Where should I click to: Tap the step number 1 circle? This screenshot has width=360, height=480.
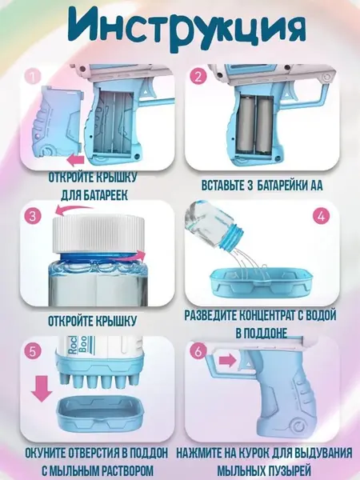click(33, 76)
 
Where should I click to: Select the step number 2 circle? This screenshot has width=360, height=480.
click(198, 76)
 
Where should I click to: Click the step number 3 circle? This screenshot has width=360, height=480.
click(33, 217)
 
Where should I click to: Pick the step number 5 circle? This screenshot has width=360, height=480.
click(33, 351)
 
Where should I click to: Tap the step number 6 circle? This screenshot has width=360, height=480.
click(198, 351)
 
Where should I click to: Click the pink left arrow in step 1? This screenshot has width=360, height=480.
click(76, 160)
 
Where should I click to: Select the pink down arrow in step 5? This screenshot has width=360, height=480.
click(42, 389)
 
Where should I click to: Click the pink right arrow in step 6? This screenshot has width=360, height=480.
click(228, 360)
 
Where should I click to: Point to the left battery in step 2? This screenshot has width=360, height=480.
click(246, 126)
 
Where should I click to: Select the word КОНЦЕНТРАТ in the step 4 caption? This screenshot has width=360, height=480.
click(261, 315)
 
